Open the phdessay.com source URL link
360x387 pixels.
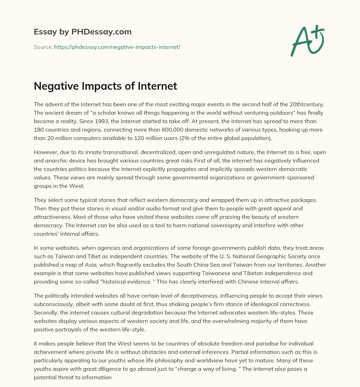click(x=117, y=47)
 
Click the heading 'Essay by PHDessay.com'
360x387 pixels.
click(x=83, y=32)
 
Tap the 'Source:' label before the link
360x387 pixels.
click(x=43, y=47)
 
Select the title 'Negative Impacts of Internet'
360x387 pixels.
click(x=105, y=86)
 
